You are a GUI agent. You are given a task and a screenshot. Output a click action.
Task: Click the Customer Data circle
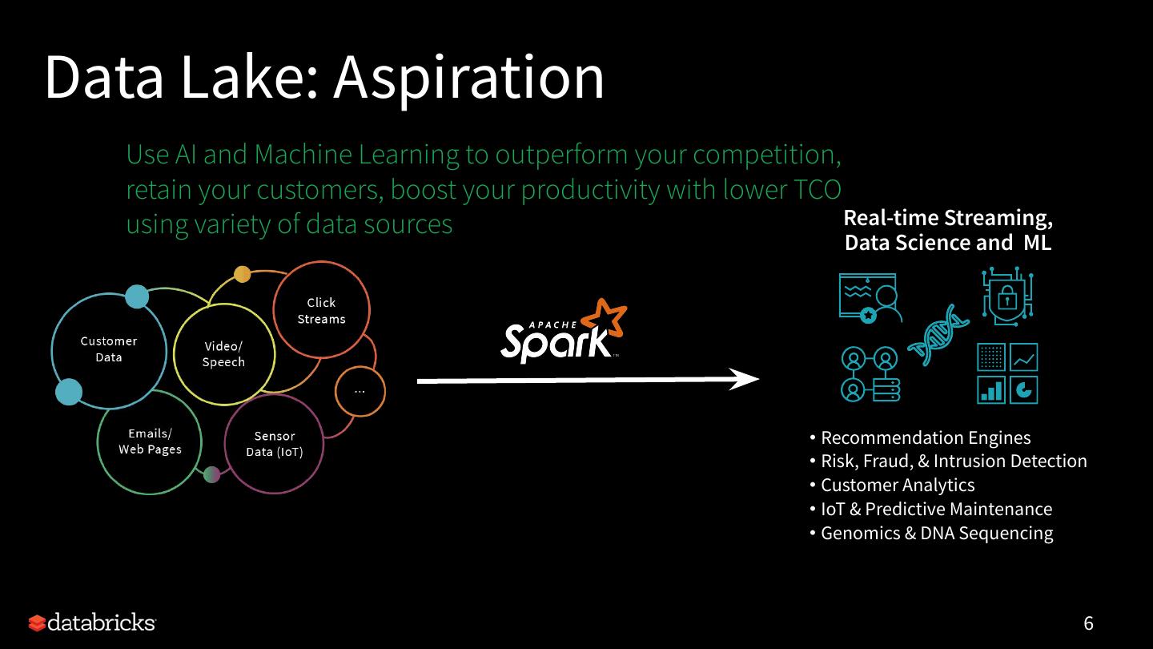click(x=109, y=349)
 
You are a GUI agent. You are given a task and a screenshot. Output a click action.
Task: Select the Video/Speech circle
click(x=224, y=354)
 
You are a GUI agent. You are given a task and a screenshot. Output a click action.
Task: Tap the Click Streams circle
click(x=321, y=310)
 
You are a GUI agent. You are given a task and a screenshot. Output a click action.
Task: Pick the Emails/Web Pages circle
click(x=150, y=441)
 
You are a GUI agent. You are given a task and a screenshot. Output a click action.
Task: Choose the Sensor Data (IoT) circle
click(x=275, y=444)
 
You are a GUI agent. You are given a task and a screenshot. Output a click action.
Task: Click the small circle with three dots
click(x=360, y=391)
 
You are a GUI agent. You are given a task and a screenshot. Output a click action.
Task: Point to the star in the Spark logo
click(x=604, y=318)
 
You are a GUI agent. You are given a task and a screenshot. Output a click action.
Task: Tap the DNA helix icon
click(x=938, y=335)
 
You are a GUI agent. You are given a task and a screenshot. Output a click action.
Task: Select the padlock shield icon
click(x=1007, y=297)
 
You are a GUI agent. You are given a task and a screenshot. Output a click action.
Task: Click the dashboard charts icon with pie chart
click(x=1007, y=373)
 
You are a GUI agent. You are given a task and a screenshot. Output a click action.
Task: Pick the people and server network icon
click(x=870, y=373)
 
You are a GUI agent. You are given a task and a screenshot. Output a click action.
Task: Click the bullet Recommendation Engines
click(x=926, y=437)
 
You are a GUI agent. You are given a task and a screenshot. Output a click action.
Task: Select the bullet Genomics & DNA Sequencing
click(x=937, y=533)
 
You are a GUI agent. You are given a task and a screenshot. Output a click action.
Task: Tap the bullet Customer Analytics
click(x=898, y=485)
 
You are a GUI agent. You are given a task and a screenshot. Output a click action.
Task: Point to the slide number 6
click(x=1088, y=623)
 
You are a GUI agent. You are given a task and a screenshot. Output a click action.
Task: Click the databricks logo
click(x=92, y=623)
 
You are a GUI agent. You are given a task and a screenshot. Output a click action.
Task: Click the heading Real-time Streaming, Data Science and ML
click(x=948, y=230)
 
